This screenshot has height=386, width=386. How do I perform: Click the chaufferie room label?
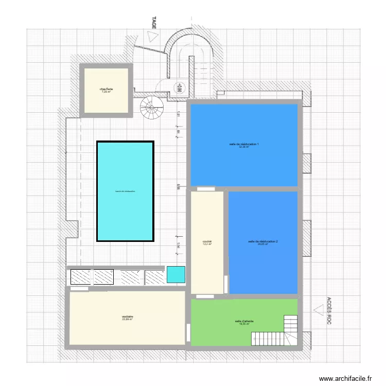pyautogui.click(x=106, y=89)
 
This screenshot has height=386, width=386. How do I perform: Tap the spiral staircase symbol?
pyautogui.click(x=150, y=108)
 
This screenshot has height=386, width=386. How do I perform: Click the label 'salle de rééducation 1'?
pyautogui.click(x=244, y=144)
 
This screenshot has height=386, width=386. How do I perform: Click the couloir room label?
pyautogui.click(x=207, y=241)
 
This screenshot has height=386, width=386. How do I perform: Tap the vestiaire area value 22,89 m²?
pyautogui.click(x=127, y=320)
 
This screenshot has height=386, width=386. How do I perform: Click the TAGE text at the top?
pyautogui.click(x=153, y=22)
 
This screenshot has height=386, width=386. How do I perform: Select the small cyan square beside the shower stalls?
pyautogui.click(x=176, y=274)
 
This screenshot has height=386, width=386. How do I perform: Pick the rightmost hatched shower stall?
pyautogui.click(x=154, y=277)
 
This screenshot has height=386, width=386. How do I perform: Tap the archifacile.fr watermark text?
pyautogui.click(x=345, y=378)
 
